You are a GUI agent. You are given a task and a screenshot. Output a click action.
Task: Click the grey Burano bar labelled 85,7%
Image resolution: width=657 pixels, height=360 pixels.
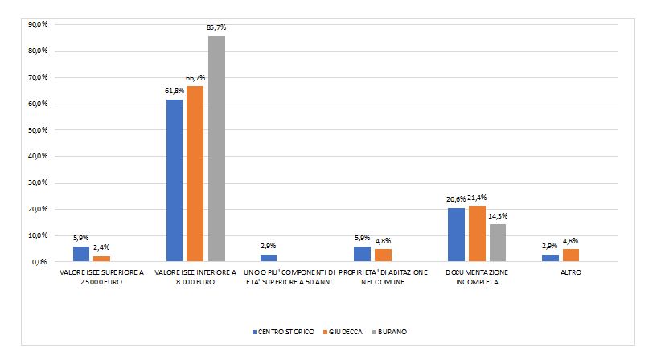pyautogui.click(x=216, y=149)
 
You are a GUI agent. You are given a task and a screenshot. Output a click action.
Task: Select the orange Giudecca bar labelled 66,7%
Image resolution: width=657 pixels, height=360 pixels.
pyautogui.click(x=195, y=174)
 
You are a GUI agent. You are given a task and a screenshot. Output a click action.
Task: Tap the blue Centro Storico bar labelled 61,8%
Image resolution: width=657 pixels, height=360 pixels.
pyautogui.click(x=175, y=180)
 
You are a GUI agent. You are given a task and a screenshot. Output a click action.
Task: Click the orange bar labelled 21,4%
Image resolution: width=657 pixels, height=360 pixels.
pyautogui.click(x=477, y=233)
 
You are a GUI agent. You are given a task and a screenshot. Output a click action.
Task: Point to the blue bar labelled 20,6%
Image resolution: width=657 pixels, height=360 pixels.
pyautogui.click(x=457, y=235)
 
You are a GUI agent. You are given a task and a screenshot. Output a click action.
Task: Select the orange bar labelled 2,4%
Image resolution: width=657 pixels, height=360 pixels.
pyautogui.click(x=101, y=258)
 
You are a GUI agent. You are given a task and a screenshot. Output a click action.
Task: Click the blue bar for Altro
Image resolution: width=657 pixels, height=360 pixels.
pyautogui.click(x=551, y=258)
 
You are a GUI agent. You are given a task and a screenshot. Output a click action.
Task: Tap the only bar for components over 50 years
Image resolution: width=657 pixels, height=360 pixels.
pyautogui.click(x=269, y=258)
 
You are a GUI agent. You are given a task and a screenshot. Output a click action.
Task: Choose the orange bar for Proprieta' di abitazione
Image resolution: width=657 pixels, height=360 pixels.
pyautogui.click(x=383, y=256)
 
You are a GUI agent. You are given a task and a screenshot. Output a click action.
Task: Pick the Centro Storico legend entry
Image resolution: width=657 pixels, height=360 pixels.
pyautogui.click(x=283, y=331)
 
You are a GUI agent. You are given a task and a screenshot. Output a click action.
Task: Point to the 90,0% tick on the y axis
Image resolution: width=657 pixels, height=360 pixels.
pyautogui.click(x=38, y=24)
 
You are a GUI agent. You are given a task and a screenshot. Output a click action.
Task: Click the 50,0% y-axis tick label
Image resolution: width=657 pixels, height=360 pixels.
pyautogui.click(x=38, y=130)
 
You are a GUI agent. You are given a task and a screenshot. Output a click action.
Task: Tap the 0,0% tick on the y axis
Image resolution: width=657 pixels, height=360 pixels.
pyautogui.click(x=39, y=262)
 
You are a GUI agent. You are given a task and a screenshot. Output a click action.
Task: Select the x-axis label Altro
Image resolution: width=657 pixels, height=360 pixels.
pyautogui.click(x=571, y=273)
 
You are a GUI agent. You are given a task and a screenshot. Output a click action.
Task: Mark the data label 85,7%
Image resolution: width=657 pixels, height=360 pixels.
pyautogui.click(x=216, y=28)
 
